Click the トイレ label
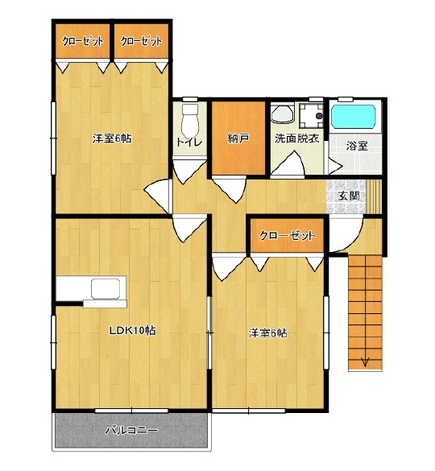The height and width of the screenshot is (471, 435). (189, 142)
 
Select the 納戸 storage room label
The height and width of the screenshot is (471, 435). (238, 138)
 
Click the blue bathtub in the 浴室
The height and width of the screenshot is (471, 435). (354, 117)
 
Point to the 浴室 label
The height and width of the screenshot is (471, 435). (357, 146)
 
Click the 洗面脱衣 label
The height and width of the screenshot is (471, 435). (296, 138)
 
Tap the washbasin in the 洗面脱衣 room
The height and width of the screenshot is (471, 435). (282, 114)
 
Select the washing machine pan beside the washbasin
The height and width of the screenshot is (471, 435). (312, 116)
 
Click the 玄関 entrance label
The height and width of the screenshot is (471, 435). (349, 196)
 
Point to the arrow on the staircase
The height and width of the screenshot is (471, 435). (365, 362)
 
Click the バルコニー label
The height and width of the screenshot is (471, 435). (131, 431)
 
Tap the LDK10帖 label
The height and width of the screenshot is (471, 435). (132, 331)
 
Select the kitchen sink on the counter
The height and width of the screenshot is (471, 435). (106, 288)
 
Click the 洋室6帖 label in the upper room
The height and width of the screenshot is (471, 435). (112, 138)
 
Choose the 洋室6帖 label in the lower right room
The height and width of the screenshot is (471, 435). (267, 333)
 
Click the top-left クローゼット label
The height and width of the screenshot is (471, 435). (83, 41)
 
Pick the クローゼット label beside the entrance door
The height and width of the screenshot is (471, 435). (287, 236)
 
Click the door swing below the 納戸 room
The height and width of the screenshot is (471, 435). (230, 190)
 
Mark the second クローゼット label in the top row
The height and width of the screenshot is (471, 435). (141, 41)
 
